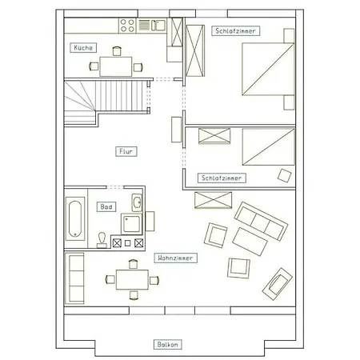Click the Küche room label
83,48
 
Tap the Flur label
126,151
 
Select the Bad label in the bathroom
106,206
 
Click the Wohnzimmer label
175,258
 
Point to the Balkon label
167,344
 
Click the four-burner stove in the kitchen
127,26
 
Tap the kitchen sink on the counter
158,25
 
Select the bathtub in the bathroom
75,219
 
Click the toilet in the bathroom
102,240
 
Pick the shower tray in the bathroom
131,224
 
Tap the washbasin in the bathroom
137,202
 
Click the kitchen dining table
116,66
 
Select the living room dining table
132,279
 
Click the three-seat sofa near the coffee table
261,221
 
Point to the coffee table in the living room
250,242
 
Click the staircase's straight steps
121,96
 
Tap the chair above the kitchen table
117,51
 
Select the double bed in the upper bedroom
268,69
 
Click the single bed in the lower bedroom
269,147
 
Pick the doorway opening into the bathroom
115,187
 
